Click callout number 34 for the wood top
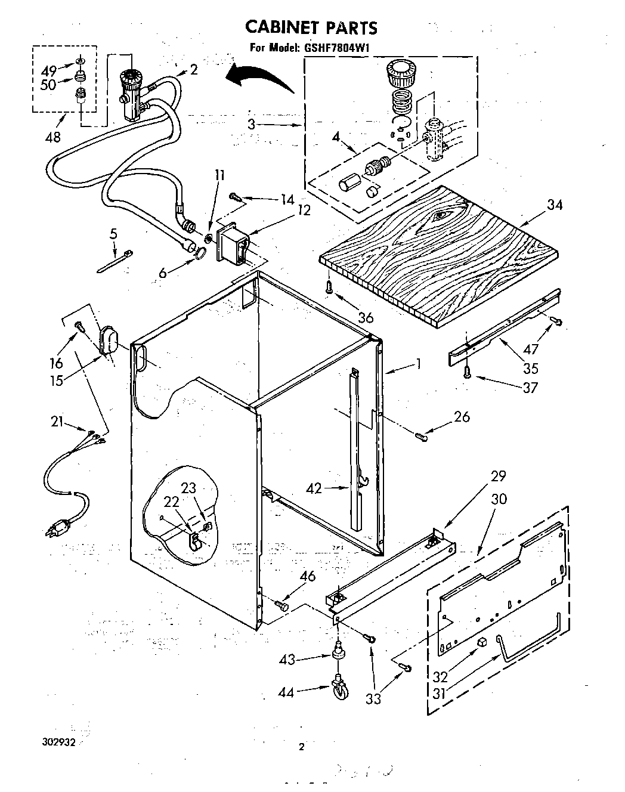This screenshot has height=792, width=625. click(x=555, y=205)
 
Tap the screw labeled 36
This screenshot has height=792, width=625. click(x=329, y=288)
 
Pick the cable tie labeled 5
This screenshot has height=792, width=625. click(x=115, y=261)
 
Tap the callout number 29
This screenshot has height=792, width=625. click(x=498, y=476)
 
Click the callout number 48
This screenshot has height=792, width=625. click(x=52, y=137)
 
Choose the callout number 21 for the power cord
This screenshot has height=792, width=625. click(x=57, y=422)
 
